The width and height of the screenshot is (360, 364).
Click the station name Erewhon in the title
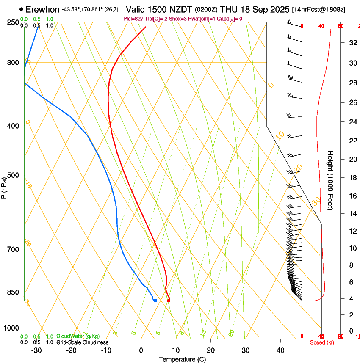pos(42,9)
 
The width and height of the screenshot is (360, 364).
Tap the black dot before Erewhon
pos(21,9)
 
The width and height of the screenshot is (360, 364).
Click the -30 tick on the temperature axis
pos(36,350)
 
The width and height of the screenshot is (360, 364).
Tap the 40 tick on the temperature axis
pos(280,350)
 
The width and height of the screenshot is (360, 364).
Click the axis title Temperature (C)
pos(182,359)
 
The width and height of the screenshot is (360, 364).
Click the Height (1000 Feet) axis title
pos(331,180)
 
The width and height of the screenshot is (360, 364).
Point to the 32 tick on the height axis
pos(352,42)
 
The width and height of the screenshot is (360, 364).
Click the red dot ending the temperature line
pos(169,301)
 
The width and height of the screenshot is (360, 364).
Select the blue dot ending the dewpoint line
pos(155,301)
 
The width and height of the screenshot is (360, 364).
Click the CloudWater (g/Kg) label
pos(78,336)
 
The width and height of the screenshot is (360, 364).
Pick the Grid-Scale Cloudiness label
pos(82,342)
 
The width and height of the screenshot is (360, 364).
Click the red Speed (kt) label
pos(322,342)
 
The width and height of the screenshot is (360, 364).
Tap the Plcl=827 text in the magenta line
pos(132,19)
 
